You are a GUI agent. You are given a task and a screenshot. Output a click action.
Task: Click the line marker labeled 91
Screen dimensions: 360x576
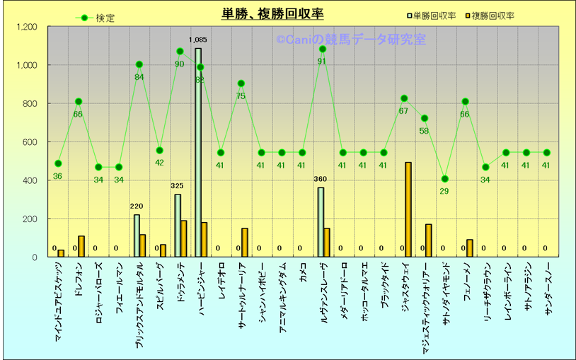pos(323,49)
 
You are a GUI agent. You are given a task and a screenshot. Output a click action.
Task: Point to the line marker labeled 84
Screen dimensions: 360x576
pos(139,64)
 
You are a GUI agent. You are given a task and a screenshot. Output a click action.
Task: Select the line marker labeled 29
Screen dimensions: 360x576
pos(444,179)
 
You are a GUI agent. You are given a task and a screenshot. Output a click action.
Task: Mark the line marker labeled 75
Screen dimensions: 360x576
pos(241,83)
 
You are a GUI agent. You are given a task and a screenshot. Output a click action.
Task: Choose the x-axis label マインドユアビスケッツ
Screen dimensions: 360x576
pos(59,305)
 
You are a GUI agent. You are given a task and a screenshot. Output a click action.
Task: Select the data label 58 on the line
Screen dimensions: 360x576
pos(424,130)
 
